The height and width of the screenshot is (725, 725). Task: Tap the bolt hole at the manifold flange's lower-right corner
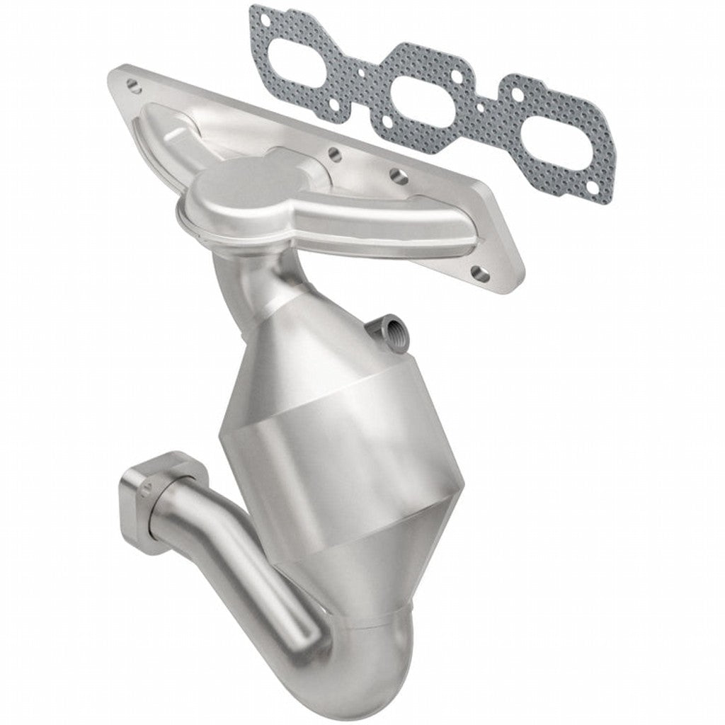481,270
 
